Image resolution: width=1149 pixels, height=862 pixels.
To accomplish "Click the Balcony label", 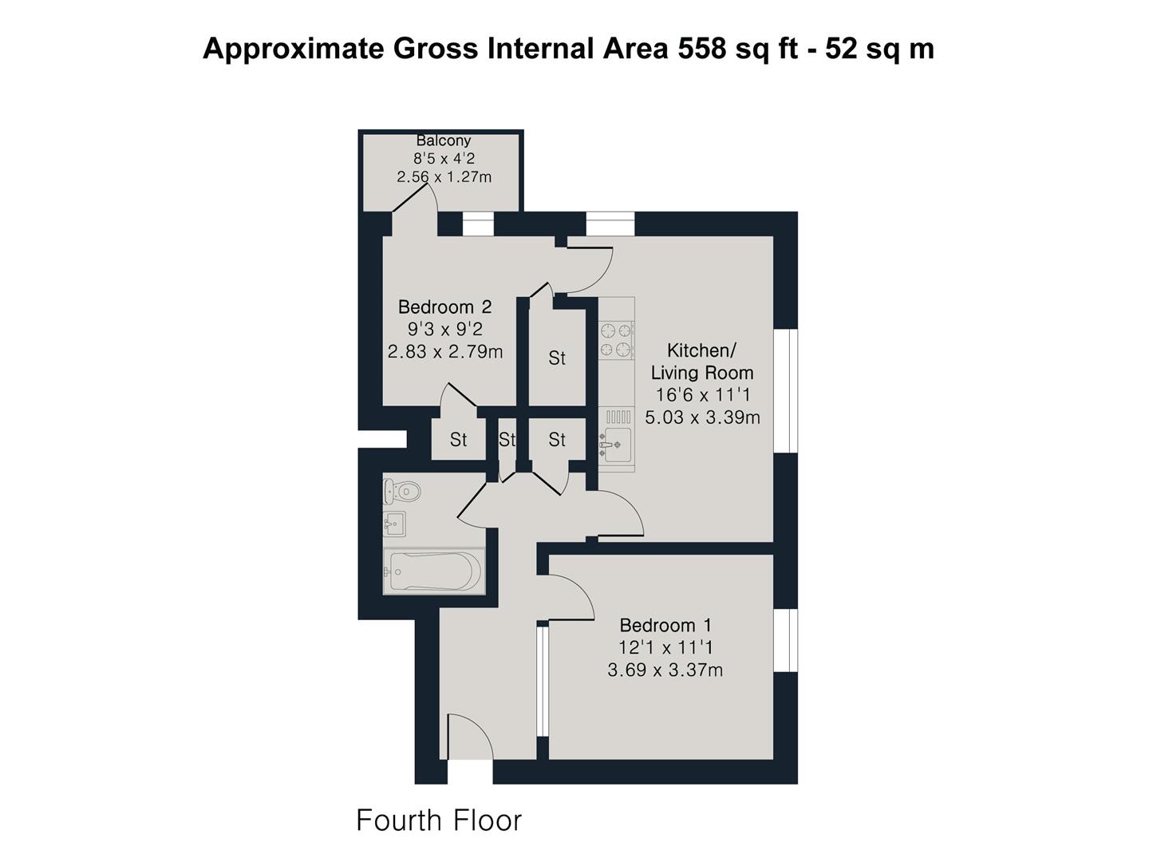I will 444,140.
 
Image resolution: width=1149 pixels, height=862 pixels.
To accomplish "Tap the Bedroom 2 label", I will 444,306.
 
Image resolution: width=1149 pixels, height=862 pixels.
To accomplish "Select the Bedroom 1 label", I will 665,625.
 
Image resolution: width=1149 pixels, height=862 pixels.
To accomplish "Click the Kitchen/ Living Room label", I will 701,362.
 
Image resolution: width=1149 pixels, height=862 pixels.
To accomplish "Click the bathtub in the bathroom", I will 433,571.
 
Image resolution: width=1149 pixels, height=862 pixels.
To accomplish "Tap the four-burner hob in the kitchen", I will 616,339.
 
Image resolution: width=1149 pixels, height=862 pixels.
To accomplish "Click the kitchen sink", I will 615,445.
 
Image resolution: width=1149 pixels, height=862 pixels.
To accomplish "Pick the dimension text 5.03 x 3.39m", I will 702,417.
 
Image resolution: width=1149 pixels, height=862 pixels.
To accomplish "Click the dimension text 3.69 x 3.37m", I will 665,670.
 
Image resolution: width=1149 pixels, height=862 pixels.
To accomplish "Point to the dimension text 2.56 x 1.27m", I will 444,176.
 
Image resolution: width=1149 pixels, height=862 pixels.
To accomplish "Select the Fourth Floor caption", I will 439,820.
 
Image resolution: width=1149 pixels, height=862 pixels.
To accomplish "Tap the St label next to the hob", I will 557,358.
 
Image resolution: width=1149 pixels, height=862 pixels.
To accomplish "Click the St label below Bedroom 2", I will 458,439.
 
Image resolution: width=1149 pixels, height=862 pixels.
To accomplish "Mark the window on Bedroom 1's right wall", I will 786,640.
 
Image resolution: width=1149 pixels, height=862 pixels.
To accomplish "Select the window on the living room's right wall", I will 786,391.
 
